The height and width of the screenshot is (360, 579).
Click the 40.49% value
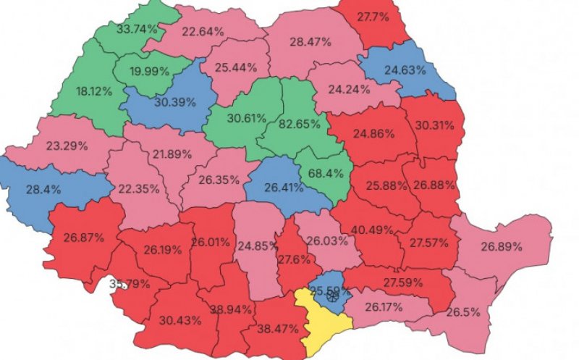(373, 230)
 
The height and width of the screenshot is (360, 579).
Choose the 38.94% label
(231, 309)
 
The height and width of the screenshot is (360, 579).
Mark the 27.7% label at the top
(373, 17)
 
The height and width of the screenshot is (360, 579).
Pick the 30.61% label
(242, 118)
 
